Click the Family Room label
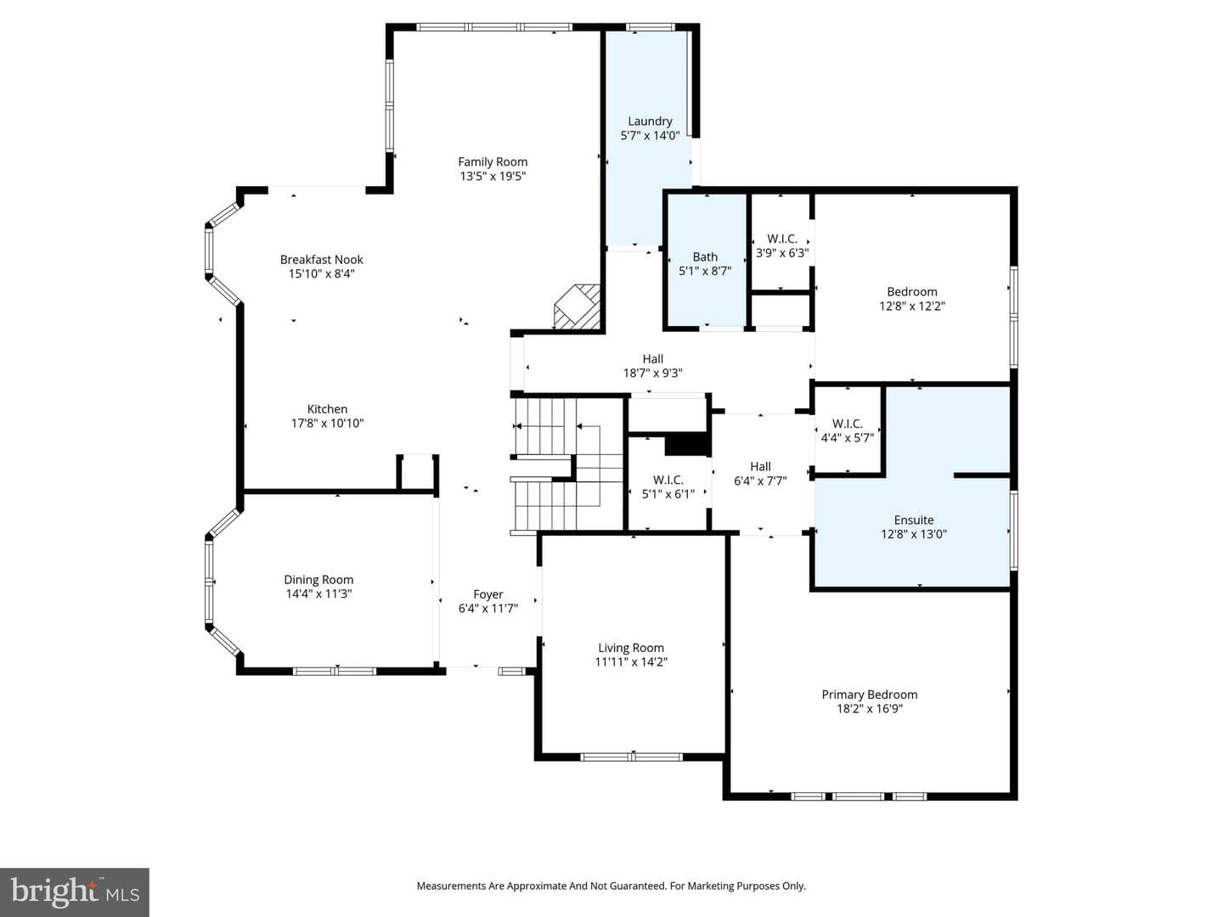click(x=493, y=162)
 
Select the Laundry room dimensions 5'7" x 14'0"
click(x=650, y=135)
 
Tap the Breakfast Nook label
click(x=322, y=260)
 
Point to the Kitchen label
click(x=327, y=408)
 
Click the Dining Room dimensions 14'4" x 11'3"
click(x=318, y=594)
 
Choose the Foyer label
click(x=488, y=594)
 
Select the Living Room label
click(x=631, y=648)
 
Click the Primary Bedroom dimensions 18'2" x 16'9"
click(x=869, y=709)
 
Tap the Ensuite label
click(x=914, y=520)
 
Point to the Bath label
click(x=705, y=257)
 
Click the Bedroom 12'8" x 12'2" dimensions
click(x=912, y=307)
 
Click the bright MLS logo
click(x=75, y=892)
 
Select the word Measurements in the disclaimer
click(x=451, y=886)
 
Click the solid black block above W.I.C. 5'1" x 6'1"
click(x=688, y=446)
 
